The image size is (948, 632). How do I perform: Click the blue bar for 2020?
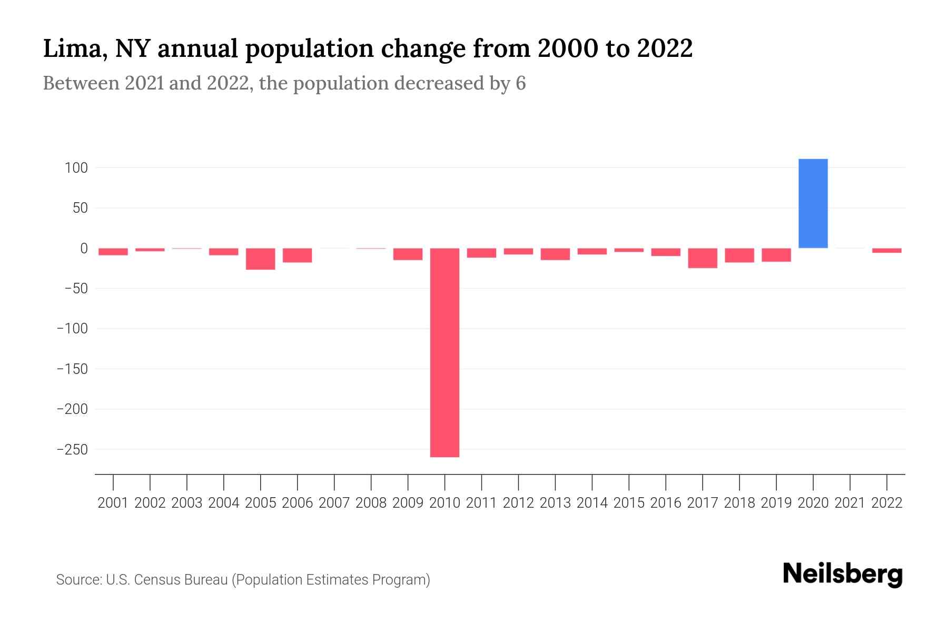click(813, 203)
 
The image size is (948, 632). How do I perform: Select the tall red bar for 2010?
click(445, 352)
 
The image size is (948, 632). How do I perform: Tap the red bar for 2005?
click(260, 259)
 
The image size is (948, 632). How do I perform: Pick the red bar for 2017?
click(702, 258)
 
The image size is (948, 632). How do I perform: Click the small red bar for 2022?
click(886, 251)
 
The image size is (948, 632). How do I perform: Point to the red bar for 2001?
click(113, 252)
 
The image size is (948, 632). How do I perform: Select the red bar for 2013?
click(555, 254)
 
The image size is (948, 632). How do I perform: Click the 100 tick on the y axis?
click(76, 168)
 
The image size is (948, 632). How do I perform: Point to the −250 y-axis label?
click(72, 450)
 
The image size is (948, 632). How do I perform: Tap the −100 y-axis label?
click(72, 329)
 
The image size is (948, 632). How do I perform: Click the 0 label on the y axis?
click(83, 249)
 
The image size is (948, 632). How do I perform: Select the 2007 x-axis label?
click(334, 503)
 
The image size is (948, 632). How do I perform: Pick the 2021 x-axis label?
click(850, 503)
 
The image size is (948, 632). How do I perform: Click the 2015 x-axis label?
click(629, 503)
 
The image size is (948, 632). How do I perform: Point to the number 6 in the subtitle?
click(520, 83)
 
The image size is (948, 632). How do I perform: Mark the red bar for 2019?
click(776, 255)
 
